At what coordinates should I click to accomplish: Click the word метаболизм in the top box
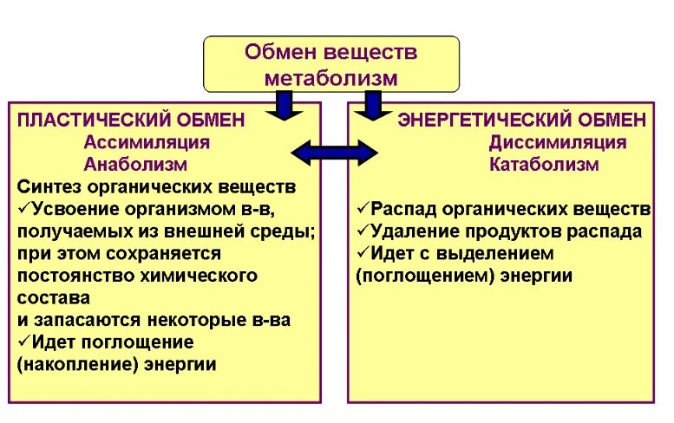(x=330, y=78)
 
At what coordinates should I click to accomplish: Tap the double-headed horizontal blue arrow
(x=334, y=153)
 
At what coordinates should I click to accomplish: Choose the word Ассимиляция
(x=147, y=142)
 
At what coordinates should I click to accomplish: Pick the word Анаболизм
(x=135, y=164)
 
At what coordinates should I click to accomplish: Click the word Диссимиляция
(x=557, y=142)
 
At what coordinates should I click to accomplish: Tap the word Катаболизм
(x=544, y=164)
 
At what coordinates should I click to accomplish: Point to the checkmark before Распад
(x=363, y=209)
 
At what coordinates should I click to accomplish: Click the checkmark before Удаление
(x=363, y=231)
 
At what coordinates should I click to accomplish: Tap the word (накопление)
(x=70, y=365)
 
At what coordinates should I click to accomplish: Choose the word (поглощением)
(x=415, y=276)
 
